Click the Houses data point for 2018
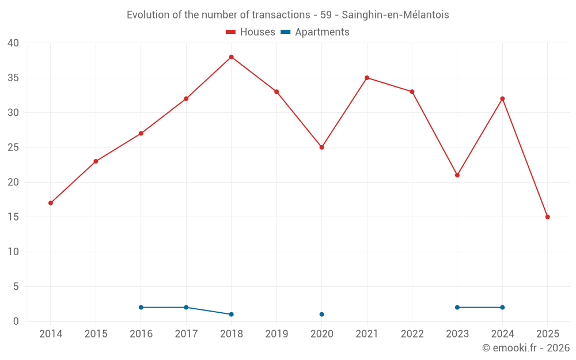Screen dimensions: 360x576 point(231,57)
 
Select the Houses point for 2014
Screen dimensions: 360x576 point(51,203)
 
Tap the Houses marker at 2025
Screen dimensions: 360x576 point(547,217)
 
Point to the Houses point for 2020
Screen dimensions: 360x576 point(321,147)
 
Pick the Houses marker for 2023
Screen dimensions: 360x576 point(457,175)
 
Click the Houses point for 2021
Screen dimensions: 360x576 point(367,78)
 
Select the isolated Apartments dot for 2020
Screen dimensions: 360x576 point(321,314)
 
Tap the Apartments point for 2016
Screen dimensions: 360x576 point(141,308)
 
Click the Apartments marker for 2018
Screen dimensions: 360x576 point(231,314)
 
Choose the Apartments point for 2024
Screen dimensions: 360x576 point(502,308)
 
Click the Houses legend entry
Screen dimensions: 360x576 point(250,32)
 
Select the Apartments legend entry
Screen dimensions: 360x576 point(315,32)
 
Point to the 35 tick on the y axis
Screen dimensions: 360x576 point(13,78)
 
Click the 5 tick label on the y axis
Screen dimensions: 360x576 point(16,287)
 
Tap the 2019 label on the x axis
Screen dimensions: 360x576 point(276,334)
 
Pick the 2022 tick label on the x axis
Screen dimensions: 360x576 point(412,334)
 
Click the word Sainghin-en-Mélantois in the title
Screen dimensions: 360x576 point(395,15)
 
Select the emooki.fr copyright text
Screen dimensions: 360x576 point(526,348)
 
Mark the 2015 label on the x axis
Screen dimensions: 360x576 point(96,334)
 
